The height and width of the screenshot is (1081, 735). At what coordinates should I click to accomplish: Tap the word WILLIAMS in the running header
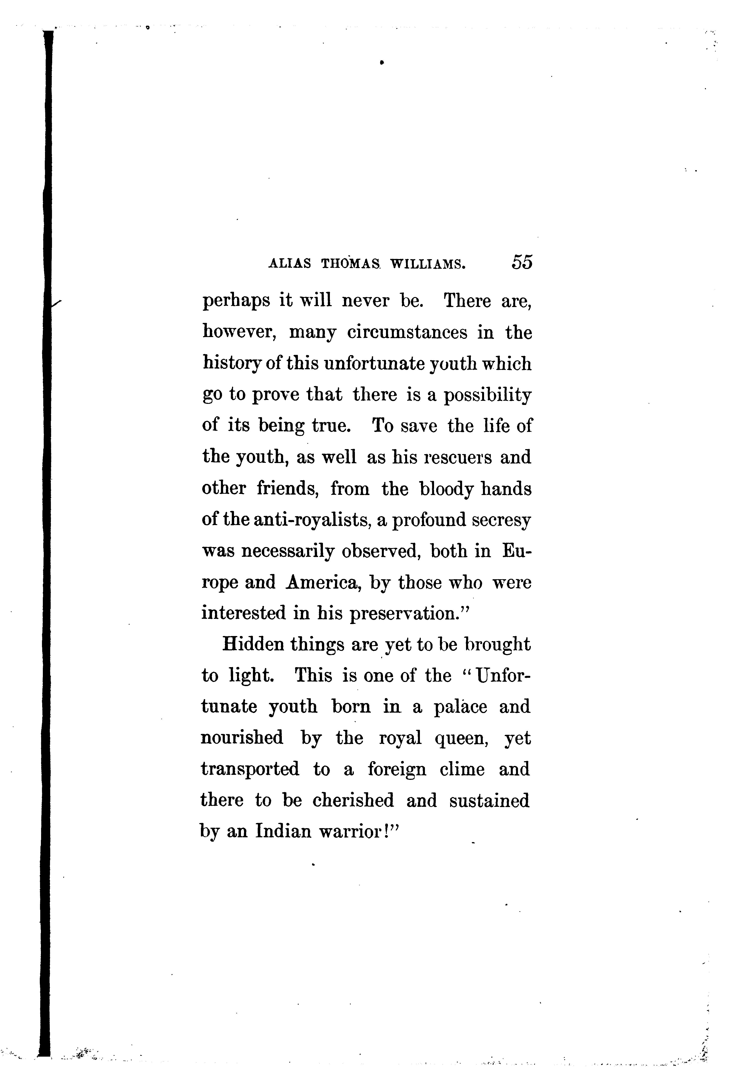pyautogui.click(x=428, y=264)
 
